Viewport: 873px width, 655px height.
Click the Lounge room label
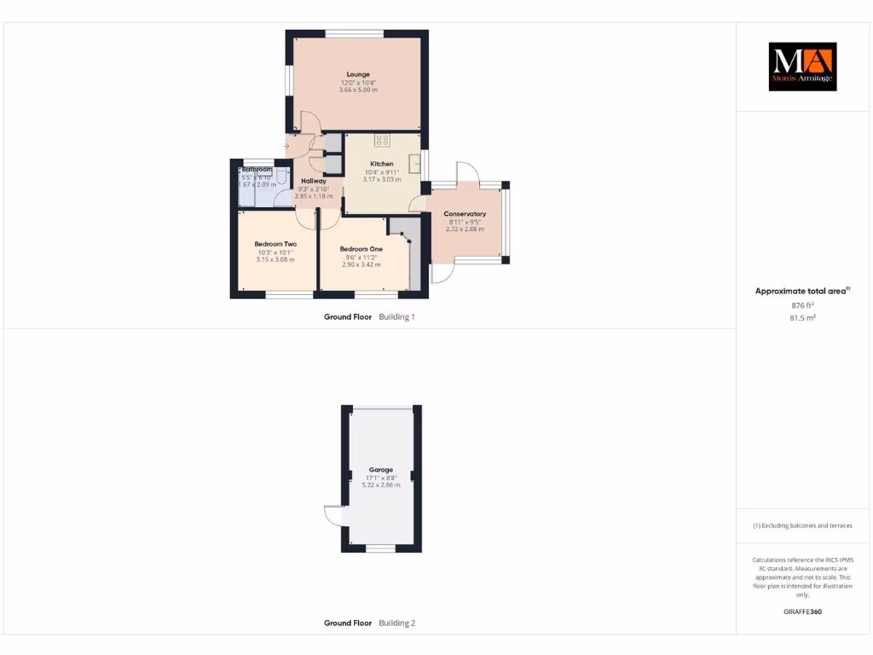pos(357,74)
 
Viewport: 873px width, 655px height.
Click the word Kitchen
pos(381,164)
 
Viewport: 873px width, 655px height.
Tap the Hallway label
pos(313,181)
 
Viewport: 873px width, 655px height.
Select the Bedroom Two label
pos(275,245)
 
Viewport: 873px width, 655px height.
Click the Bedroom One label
pos(363,249)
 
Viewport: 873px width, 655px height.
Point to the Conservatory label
pos(465,214)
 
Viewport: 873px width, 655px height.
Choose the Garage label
pos(381,470)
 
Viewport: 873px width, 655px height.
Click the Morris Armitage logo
pos(803,67)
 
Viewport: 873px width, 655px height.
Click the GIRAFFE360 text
pos(802,612)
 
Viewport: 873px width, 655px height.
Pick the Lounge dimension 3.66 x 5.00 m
pos(357,90)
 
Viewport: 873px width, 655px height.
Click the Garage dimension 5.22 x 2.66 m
pos(381,484)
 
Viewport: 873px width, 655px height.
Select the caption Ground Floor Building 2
pos(369,623)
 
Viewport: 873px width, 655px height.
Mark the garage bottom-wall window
pos(381,548)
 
